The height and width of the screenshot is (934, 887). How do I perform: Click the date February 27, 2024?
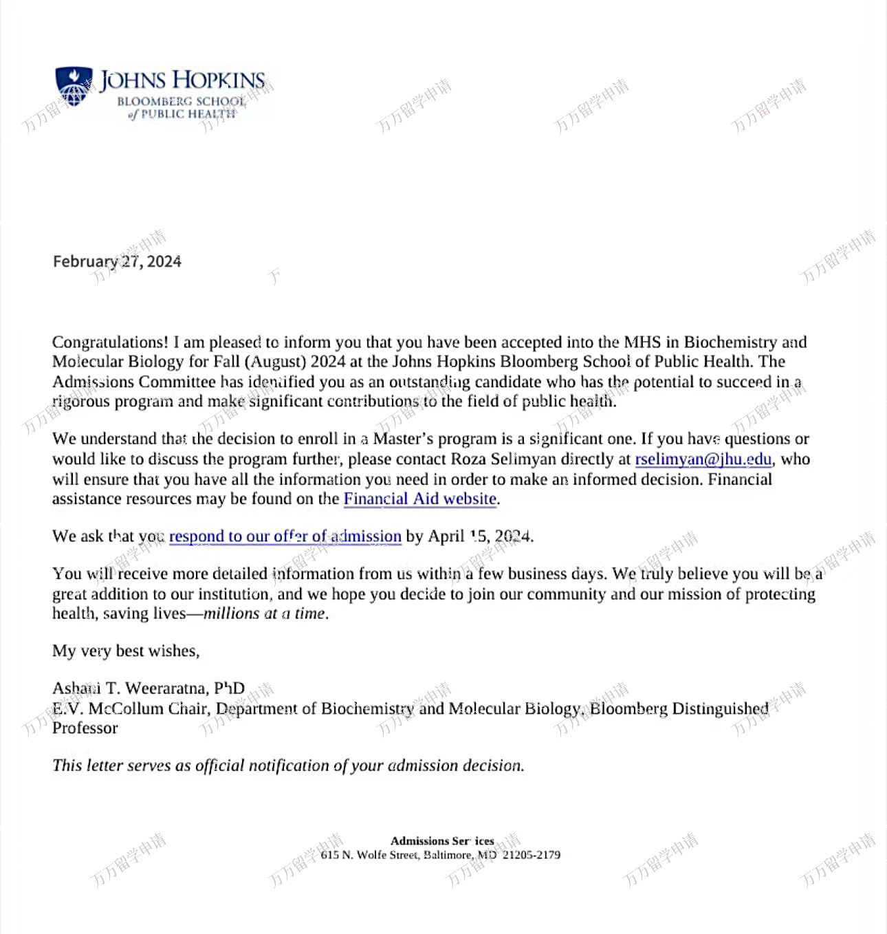[x=117, y=261]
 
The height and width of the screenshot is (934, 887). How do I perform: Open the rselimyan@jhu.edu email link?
[x=703, y=459]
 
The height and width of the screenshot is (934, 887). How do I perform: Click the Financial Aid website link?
[x=419, y=499]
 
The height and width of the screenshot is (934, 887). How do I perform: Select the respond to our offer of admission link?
[x=285, y=536]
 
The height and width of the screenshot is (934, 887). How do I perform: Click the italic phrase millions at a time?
[x=265, y=613]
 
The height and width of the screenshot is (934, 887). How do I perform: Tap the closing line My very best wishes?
[x=126, y=651]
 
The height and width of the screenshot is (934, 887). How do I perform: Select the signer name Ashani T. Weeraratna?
[x=128, y=688]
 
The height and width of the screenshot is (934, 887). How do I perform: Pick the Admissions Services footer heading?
[x=441, y=840]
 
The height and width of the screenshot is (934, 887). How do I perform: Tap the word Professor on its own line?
[x=85, y=728]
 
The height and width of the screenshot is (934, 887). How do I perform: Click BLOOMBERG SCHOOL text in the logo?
[x=181, y=101]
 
